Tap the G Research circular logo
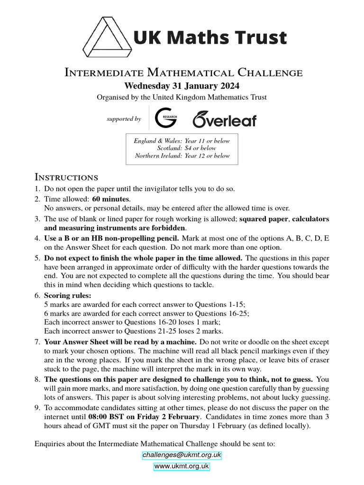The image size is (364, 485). [x=166, y=117]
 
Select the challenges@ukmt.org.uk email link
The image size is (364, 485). [x=182, y=455]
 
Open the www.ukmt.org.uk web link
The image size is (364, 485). [x=182, y=467]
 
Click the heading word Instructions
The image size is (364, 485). [x=66, y=178]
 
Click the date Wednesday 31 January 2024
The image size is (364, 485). [x=182, y=86]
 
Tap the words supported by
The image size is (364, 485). [x=124, y=119]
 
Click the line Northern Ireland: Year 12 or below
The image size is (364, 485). [x=182, y=155]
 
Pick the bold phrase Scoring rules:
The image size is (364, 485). [x=64, y=295]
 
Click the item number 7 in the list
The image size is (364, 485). [x=37, y=341]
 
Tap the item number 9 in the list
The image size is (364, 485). [x=37, y=407]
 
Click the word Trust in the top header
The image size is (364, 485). [x=264, y=37]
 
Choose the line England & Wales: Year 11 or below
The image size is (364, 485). [x=182, y=141]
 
